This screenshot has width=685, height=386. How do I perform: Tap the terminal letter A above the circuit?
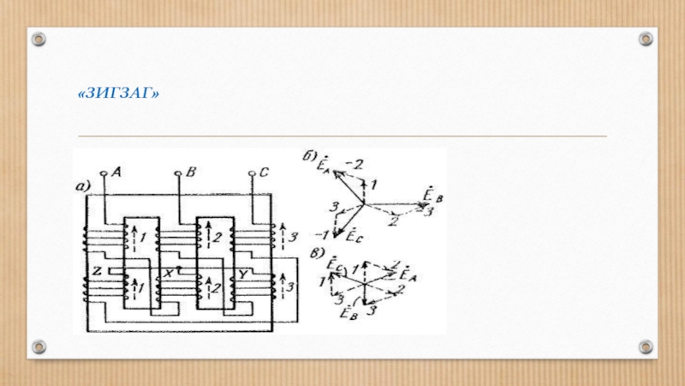[x=116, y=172]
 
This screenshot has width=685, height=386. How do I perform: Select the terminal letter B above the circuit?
[x=191, y=172]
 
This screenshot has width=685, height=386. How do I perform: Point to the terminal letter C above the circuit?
[x=264, y=172]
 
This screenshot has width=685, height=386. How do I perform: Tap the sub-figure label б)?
[x=308, y=157]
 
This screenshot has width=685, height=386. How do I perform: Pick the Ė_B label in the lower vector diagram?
[x=348, y=313]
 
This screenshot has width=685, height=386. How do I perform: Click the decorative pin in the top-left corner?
[x=39, y=39]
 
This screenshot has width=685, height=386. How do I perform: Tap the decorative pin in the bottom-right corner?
[x=646, y=347]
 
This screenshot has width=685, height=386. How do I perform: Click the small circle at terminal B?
[x=179, y=174]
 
